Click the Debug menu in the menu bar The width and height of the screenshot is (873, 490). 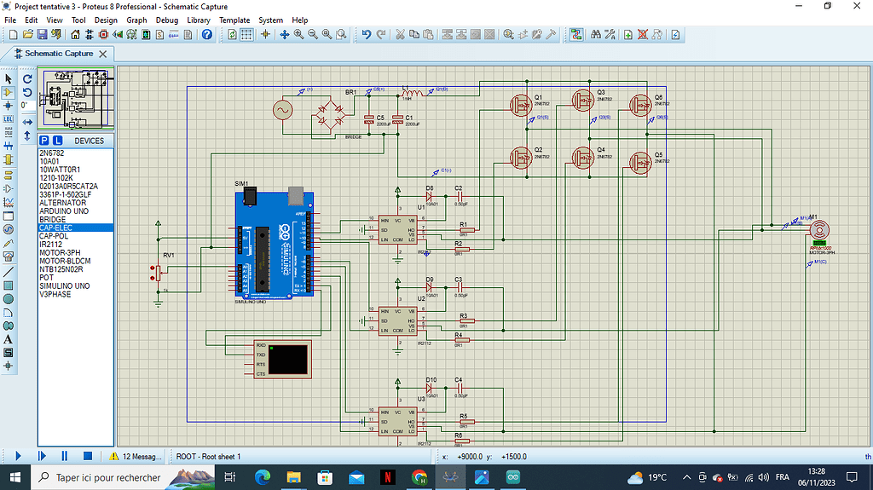click(167, 20)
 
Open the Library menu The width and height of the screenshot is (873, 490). click(198, 20)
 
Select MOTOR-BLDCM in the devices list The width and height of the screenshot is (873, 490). click(64, 261)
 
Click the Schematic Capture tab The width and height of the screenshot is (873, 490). click(58, 53)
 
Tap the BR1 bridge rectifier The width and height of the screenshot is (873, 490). click(337, 112)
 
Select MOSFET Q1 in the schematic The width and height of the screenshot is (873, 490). click(521, 105)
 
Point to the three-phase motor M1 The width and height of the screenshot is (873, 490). click(819, 230)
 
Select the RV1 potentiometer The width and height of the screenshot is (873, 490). click(156, 272)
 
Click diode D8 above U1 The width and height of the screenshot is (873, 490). click(430, 196)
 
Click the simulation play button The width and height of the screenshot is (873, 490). click(18, 456)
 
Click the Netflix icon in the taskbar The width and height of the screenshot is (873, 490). click(387, 477)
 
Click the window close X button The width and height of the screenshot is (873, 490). click(856, 6)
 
